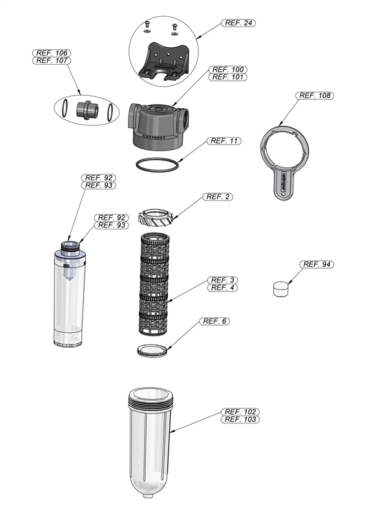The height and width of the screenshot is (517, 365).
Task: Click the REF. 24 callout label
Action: pos(238,23)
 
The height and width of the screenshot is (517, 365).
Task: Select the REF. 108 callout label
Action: pos(315,95)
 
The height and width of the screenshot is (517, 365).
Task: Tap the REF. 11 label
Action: pos(224,141)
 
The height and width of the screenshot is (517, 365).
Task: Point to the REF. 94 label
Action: pos(317,264)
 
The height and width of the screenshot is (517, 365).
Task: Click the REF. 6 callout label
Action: pos(214,321)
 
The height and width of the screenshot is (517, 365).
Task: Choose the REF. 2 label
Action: pos(218,197)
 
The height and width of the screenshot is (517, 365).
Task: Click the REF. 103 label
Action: pos(240,419)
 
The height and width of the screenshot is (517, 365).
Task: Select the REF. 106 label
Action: pos(52,53)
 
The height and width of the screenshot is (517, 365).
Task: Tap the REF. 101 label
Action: pos(228,77)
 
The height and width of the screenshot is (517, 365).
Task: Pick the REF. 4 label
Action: pos(222,288)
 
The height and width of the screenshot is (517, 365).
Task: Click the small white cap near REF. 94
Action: pos(281,288)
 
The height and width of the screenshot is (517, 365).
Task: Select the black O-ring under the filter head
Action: pos(157,165)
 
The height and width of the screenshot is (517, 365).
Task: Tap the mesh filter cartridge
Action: pos(154,284)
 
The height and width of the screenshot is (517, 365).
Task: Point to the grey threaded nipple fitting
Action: pos(87,110)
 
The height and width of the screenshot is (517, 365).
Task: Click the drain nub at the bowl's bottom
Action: pos(149,496)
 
